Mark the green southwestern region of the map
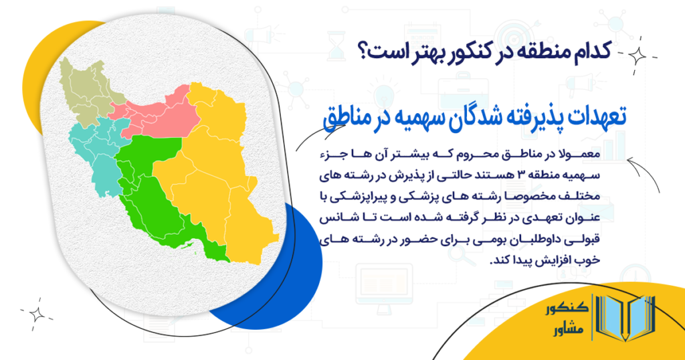point(161,194)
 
